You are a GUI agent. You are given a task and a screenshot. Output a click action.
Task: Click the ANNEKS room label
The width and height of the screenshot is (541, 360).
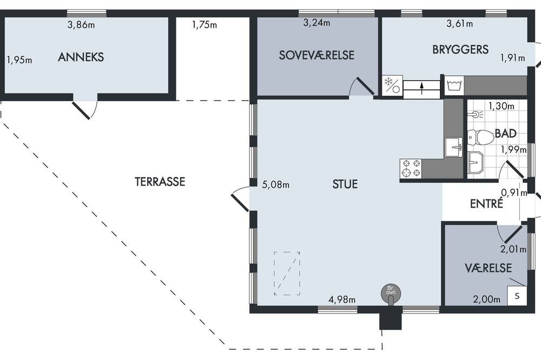pyautogui.click(x=81, y=57)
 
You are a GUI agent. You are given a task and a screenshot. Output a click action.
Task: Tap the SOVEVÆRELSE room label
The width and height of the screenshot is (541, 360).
pyautogui.click(x=316, y=55)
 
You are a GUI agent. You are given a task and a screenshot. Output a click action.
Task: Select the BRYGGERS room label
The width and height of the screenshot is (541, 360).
pyautogui.click(x=460, y=49)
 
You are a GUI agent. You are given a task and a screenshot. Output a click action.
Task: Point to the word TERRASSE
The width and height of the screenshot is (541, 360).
pyautogui.click(x=160, y=182)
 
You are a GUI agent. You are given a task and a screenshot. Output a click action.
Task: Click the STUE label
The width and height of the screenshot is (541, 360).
pyautogui.click(x=345, y=184)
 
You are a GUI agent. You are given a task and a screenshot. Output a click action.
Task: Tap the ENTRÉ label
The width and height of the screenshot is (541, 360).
pyautogui.click(x=486, y=203)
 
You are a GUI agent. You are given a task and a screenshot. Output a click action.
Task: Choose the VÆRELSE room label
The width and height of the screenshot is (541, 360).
pyautogui.click(x=488, y=268)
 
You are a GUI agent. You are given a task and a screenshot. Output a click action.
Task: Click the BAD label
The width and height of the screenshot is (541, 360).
pyautogui.click(x=505, y=133)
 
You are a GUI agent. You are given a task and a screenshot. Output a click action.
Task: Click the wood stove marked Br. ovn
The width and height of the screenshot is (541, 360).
pyautogui.click(x=391, y=293)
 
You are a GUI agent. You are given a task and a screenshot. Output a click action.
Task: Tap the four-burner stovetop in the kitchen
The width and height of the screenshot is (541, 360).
pyautogui.click(x=411, y=168)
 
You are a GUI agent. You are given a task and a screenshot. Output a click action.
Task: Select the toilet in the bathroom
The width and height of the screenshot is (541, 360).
pyautogui.click(x=480, y=137)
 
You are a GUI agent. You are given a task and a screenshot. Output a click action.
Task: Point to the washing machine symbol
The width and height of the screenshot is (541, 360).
pyautogui.click(x=454, y=85)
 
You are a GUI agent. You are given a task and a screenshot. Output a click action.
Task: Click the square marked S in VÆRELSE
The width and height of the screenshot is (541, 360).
pyautogui.click(x=517, y=296)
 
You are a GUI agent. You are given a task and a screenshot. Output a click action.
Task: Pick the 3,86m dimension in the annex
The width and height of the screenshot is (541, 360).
pyautogui.click(x=81, y=25)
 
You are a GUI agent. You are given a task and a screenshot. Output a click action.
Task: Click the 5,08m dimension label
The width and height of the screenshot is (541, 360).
pyautogui.click(x=276, y=185)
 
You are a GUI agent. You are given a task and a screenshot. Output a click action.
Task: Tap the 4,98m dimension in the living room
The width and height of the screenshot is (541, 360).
pyautogui.click(x=341, y=299)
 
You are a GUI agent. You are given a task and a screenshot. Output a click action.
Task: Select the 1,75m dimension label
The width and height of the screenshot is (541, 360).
pyautogui.click(x=204, y=25)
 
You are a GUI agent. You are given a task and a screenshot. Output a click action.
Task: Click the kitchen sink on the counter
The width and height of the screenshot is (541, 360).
pyautogui.click(x=453, y=147)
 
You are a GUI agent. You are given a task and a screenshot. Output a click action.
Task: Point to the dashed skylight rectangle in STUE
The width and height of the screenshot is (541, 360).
pyautogui.click(x=287, y=274)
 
